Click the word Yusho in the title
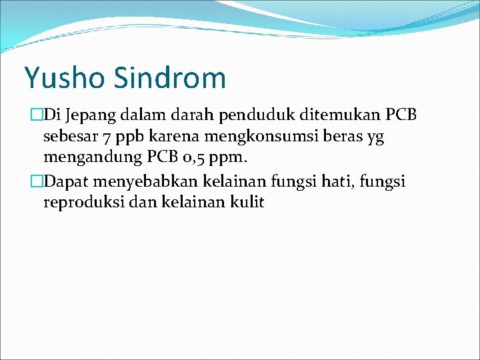click(x=65, y=78)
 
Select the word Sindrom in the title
click(x=170, y=78)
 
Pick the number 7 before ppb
click(x=107, y=137)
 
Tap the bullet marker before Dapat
click(x=37, y=181)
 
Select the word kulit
click(x=247, y=202)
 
